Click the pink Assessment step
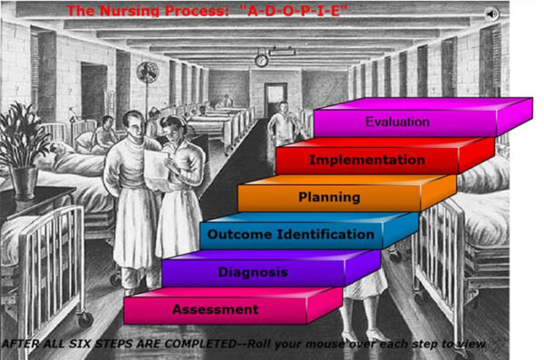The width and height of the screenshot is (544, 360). pos(215,310)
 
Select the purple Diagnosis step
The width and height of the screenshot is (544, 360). pos(253,272)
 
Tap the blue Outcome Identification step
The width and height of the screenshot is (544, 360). pos(290,235)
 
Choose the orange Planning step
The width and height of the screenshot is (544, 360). pos(329,197)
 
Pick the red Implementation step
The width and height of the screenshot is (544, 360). pos(366,161)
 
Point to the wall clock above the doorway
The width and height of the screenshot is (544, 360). pos(261,61)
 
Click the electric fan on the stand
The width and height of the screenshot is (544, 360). pos(147,73)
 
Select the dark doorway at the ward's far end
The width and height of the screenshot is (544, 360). pos(275,101)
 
